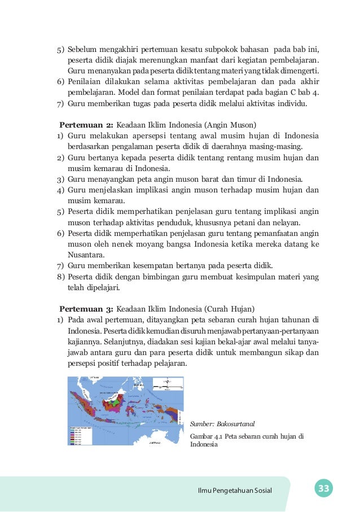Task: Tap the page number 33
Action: coord(323,489)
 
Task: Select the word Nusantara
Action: coord(85,255)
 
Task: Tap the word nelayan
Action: coord(288,223)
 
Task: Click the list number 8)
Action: coord(60,277)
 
